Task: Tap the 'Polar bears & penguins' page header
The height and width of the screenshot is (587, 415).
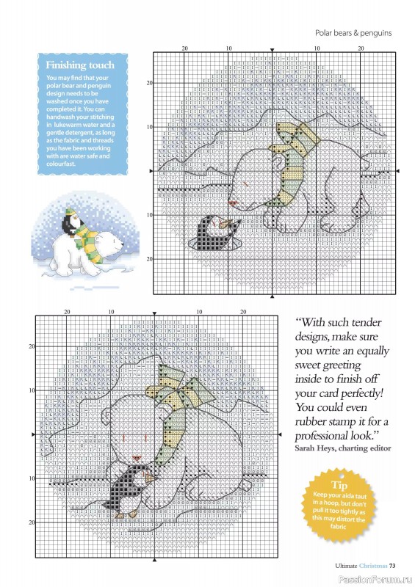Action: tap(353, 32)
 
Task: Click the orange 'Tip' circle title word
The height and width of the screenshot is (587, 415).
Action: tap(339, 485)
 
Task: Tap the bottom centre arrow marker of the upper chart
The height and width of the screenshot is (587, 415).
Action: tap(273, 297)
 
